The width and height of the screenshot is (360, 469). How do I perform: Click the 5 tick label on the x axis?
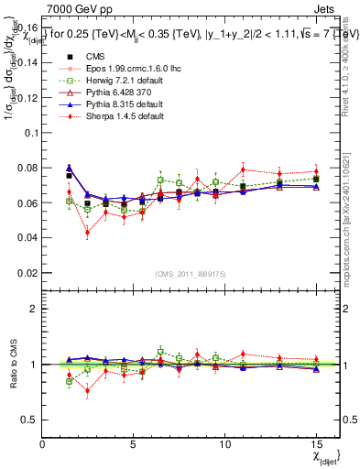pos(133,444)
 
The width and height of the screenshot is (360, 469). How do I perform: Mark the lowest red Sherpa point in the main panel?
pos(88,233)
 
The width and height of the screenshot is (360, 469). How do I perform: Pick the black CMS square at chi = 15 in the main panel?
pos(315,180)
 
